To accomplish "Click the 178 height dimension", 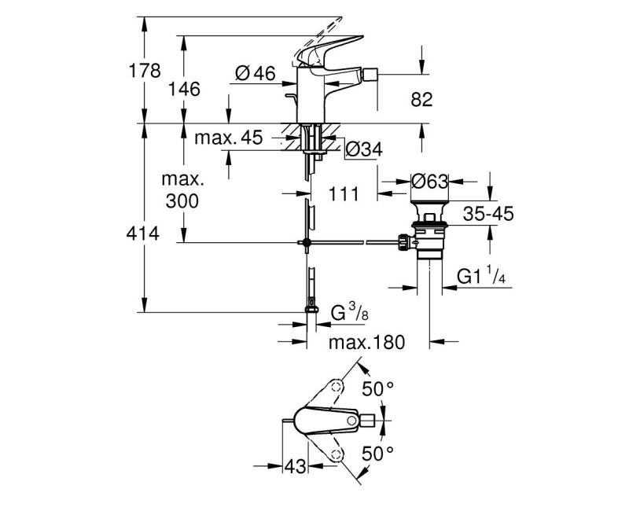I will click(x=145, y=71).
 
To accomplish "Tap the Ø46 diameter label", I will click(x=255, y=74).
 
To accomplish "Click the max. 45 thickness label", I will click(x=228, y=138).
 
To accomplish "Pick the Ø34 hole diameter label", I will click(x=364, y=149).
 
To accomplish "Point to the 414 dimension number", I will click(x=145, y=233).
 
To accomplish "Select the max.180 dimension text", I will click(x=366, y=343).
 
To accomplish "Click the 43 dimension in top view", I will click(x=295, y=465).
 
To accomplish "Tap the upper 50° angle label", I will click(x=377, y=389).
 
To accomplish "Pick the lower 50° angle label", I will click(x=377, y=454).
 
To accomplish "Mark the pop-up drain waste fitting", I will click(x=430, y=232).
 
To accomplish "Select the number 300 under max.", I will click(x=182, y=201).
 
